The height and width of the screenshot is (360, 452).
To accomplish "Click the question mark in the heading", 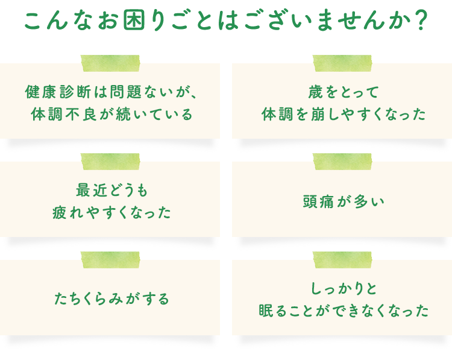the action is click(x=421, y=21).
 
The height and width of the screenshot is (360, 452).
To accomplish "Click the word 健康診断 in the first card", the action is click(x=58, y=92).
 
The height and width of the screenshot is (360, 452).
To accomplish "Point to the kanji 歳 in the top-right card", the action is click(x=316, y=92).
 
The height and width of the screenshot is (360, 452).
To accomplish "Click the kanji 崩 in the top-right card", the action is click(x=318, y=114).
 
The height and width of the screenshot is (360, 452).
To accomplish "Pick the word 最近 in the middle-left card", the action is click(x=92, y=191).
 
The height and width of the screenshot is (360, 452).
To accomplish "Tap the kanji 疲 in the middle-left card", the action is click(x=60, y=213).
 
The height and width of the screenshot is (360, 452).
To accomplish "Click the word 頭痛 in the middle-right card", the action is click(x=318, y=201).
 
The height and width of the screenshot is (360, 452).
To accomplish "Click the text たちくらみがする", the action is click(x=111, y=298).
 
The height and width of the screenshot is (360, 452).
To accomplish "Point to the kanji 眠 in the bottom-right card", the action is click(x=266, y=311).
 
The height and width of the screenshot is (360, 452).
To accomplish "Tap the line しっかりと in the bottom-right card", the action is click(x=344, y=288).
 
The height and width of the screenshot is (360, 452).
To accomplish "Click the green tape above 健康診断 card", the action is click(x=110, y=63).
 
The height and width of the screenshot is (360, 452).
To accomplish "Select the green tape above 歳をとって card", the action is click(x=342, y=63).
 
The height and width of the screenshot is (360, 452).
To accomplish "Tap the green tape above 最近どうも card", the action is click(x=110, y=162).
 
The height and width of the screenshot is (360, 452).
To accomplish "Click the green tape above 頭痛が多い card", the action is click(x=342, y=162).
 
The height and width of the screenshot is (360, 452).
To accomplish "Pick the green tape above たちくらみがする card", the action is click(x=110, y=260).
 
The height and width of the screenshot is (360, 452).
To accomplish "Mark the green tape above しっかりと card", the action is click(x=342, y=260).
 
